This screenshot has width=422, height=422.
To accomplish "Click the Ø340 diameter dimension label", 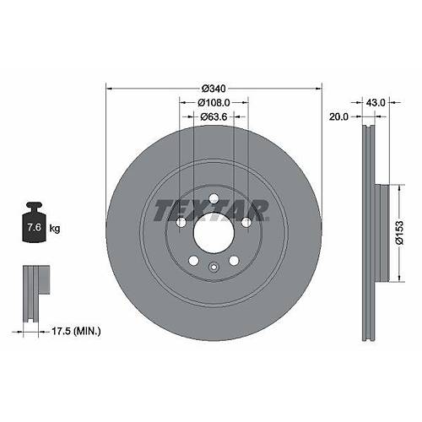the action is point(214,89).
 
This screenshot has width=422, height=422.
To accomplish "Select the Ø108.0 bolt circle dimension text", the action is point(214,103).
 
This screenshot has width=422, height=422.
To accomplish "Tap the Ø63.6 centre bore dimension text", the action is point(214,116).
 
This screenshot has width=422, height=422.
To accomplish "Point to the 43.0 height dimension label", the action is point(376,103).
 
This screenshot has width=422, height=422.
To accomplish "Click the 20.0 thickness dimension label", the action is point(338,116).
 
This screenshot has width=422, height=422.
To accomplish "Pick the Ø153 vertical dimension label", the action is point(399,233).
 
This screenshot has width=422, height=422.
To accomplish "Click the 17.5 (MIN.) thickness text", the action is point(76,332).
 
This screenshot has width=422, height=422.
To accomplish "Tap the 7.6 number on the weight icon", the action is point(34,227).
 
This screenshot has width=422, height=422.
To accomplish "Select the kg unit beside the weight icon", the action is point(55,228).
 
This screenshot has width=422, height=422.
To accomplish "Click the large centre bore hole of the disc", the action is point(214,232).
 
